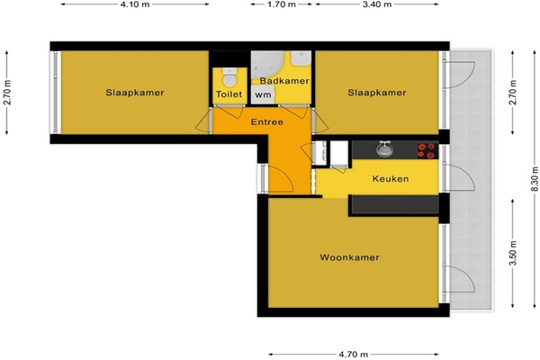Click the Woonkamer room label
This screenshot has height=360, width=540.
[x=349, y=257]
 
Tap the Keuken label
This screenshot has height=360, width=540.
[x=391, y=179]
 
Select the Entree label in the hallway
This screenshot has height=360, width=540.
[x=267, y=122]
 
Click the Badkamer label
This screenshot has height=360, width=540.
[x=284, y=81]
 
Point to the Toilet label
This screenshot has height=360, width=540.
[x=229, y=94]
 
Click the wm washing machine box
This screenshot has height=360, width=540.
[x=263, y=94]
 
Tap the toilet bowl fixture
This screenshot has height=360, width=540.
[x=229, y=78]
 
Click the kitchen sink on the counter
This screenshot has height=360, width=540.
[x=385, y=149]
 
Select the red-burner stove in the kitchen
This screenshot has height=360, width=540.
[x=427, y=150]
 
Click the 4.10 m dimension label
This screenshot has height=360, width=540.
[x=135, y=4]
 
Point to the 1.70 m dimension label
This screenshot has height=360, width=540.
[x=282, y=4]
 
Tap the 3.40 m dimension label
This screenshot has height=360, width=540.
[x=377, y=4]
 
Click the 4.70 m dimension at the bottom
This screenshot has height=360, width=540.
[x=354, y=354]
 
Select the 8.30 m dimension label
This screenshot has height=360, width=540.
[x=534, y=179]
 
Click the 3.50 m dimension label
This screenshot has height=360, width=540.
[x=513, y=253]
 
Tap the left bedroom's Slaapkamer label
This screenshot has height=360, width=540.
[x=135, y=93]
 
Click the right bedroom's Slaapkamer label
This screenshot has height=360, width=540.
[x=377, y=93]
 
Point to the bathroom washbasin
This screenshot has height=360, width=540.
[x=301, y=58]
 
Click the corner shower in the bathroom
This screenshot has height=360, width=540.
[x=267, y=66]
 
